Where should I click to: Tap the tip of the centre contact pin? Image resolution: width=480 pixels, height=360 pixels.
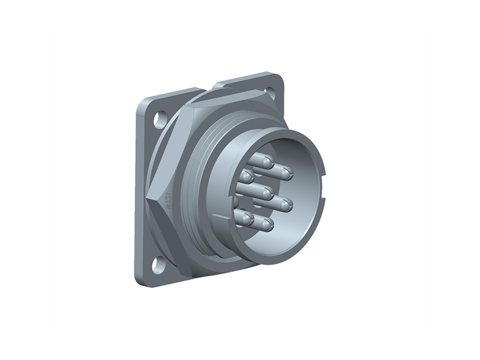(x=267, y=193)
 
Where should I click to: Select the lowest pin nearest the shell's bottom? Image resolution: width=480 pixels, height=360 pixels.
(x=265, y=226)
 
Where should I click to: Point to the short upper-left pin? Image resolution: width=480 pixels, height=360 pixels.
(x=247, y=176)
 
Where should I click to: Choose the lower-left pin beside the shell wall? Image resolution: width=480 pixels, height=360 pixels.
(x=243, y=218)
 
